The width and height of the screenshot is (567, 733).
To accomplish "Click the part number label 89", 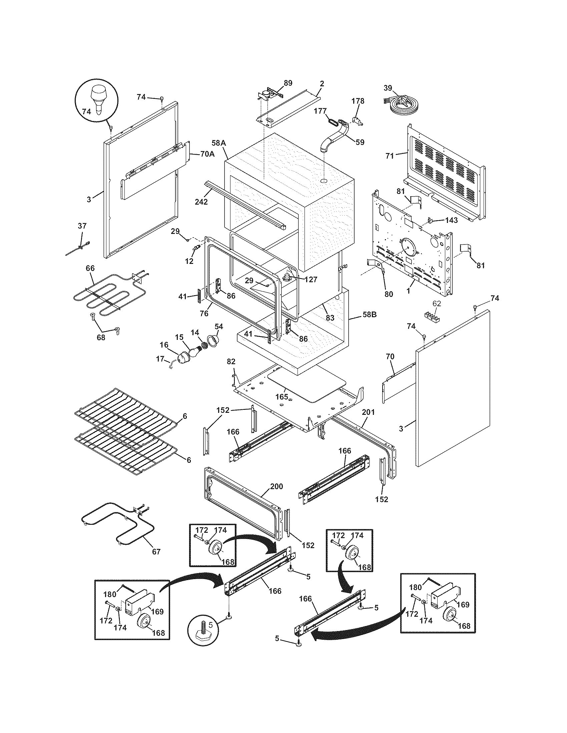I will coord(288,83).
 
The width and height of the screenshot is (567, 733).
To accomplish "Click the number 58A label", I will coord(218,143).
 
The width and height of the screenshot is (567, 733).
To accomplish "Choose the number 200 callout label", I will coord(276,486).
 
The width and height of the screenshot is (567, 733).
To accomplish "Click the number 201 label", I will coord(368,412).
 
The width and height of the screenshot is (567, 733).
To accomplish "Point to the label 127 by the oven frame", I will coord(311,279).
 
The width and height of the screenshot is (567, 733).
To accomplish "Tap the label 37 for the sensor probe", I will coord(82,226).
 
